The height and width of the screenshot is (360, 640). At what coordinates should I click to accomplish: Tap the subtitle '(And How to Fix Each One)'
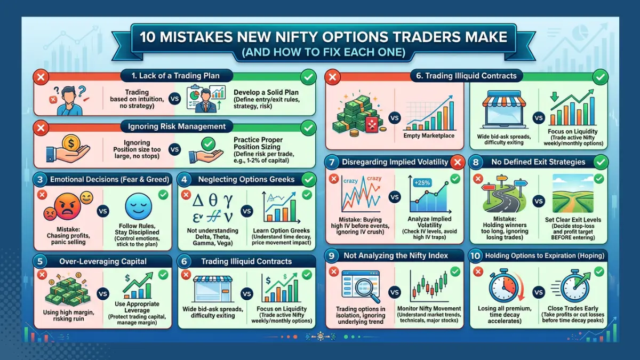(x=320, y=53)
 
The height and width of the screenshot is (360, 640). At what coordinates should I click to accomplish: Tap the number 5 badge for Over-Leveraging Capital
(x=41, y=261)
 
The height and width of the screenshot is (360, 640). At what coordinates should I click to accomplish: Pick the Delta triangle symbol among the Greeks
(x=199, y=201)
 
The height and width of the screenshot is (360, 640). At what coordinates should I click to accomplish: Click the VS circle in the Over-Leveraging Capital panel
(x=101, y=293)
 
